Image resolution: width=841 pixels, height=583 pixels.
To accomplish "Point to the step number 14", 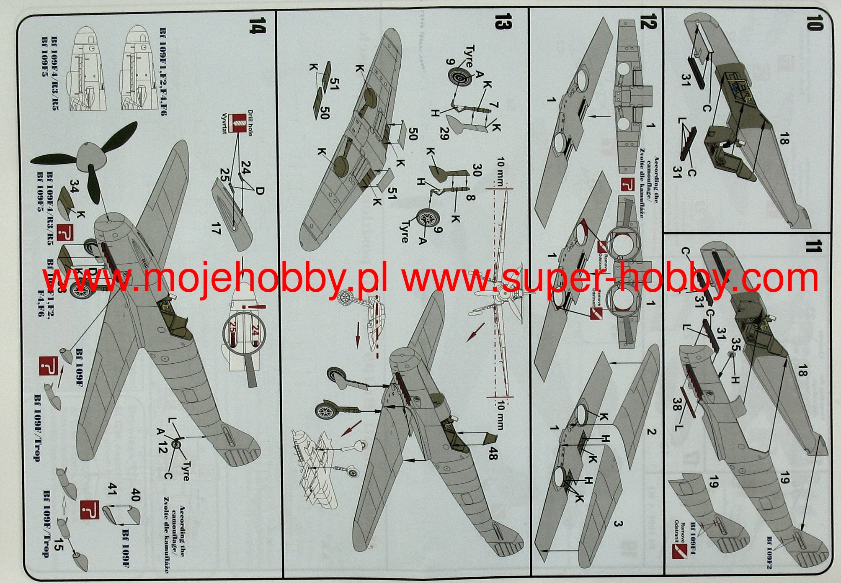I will (x=257, y=25).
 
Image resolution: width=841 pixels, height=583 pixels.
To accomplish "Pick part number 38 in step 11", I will (x=678, y=404).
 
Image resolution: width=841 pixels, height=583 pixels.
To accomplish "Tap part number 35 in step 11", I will (x=735, y=344).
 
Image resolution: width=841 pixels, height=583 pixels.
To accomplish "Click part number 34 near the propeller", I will (x=74, y=187).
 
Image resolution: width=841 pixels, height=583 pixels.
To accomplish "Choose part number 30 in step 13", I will (x=476, y=170).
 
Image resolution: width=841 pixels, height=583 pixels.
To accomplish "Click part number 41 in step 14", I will (x=111, y=489).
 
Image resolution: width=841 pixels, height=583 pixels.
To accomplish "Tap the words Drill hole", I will (x=250, y=123).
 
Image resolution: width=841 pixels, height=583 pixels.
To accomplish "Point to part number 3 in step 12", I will (x=618, y=523).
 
